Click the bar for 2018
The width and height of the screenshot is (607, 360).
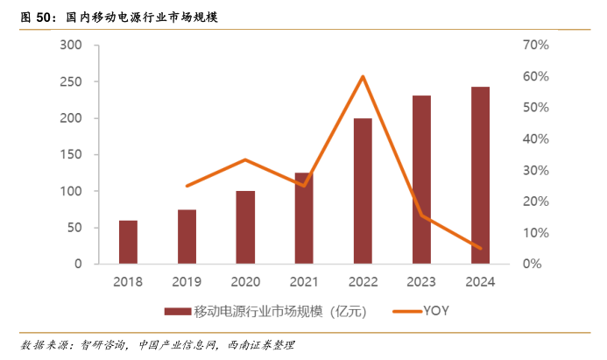pos(128,242)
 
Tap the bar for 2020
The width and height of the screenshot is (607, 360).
pos(245,227)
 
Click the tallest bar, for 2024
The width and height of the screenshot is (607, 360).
pos(479,175)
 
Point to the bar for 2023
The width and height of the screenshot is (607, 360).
pos(421,180)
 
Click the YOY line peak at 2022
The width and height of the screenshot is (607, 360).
pos(363,76)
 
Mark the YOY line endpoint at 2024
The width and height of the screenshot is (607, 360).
pos(480,248)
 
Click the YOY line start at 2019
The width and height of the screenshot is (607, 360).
pos(187,186)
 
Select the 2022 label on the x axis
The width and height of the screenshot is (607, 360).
pos(363,281)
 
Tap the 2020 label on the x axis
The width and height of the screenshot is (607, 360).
pos(245,281)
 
